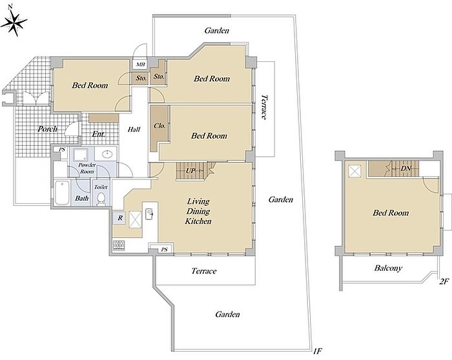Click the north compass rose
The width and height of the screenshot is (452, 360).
tap(14, 21)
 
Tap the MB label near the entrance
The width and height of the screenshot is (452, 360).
tap(140, 65)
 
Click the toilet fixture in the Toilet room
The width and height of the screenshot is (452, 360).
tap(101, 199)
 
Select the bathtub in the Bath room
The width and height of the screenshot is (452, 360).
tap(62, 193)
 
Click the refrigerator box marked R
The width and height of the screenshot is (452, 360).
tap(120, 218)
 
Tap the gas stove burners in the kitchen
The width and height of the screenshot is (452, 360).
tap(119, 245)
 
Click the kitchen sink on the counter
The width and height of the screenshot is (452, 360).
tap(149, 214)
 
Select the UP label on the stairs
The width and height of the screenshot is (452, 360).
tap(190, 171)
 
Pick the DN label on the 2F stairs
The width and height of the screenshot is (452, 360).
tap(406, 168)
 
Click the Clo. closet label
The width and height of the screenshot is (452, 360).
tap(159, 126)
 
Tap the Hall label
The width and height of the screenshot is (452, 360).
tap(134, 130)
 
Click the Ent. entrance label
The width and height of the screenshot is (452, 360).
tap(98, 134)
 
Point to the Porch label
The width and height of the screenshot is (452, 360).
tap(48, 129)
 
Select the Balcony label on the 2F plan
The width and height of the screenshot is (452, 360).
tap(388, 268)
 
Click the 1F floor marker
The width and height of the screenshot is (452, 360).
tap(318, 351)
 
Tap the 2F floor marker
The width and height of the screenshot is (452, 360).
tap(444, 281)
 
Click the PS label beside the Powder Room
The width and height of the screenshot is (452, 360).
tap(62, 150)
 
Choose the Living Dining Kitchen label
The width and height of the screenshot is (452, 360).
tap(198, 211)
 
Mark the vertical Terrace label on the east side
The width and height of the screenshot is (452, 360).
tap(263, 107)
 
